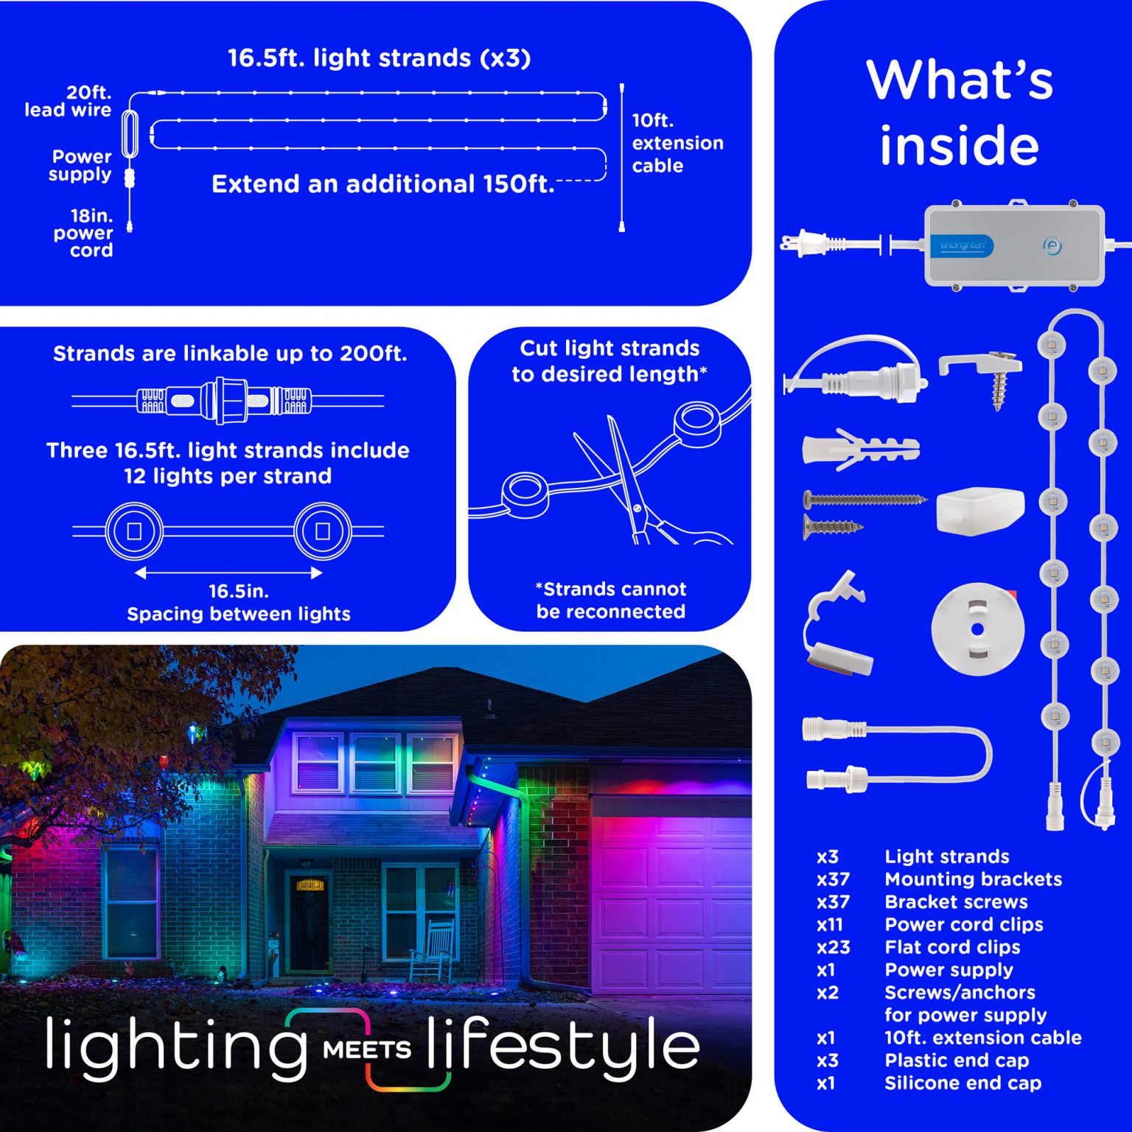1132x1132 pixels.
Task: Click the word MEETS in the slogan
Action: click(367, 1049)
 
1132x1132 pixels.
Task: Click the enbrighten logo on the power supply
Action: click(962, 245)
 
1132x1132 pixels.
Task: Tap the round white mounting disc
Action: click(977, 629)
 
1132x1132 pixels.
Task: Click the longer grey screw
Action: click(864, 500)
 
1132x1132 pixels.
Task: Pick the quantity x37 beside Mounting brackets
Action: click(833, 879)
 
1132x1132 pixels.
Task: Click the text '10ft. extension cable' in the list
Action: click(983, 1038)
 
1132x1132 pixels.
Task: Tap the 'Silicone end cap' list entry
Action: click(963, 1083)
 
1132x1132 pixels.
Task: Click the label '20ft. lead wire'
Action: click(68, 101)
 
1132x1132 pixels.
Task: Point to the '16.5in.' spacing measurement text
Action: click(239, 591)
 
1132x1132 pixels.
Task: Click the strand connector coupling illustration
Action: click(228, 401)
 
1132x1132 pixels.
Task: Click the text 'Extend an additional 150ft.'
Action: click(383, 184)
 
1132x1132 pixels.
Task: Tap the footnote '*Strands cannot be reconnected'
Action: click(611, 600)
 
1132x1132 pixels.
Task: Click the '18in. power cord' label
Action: click(83, 233)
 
